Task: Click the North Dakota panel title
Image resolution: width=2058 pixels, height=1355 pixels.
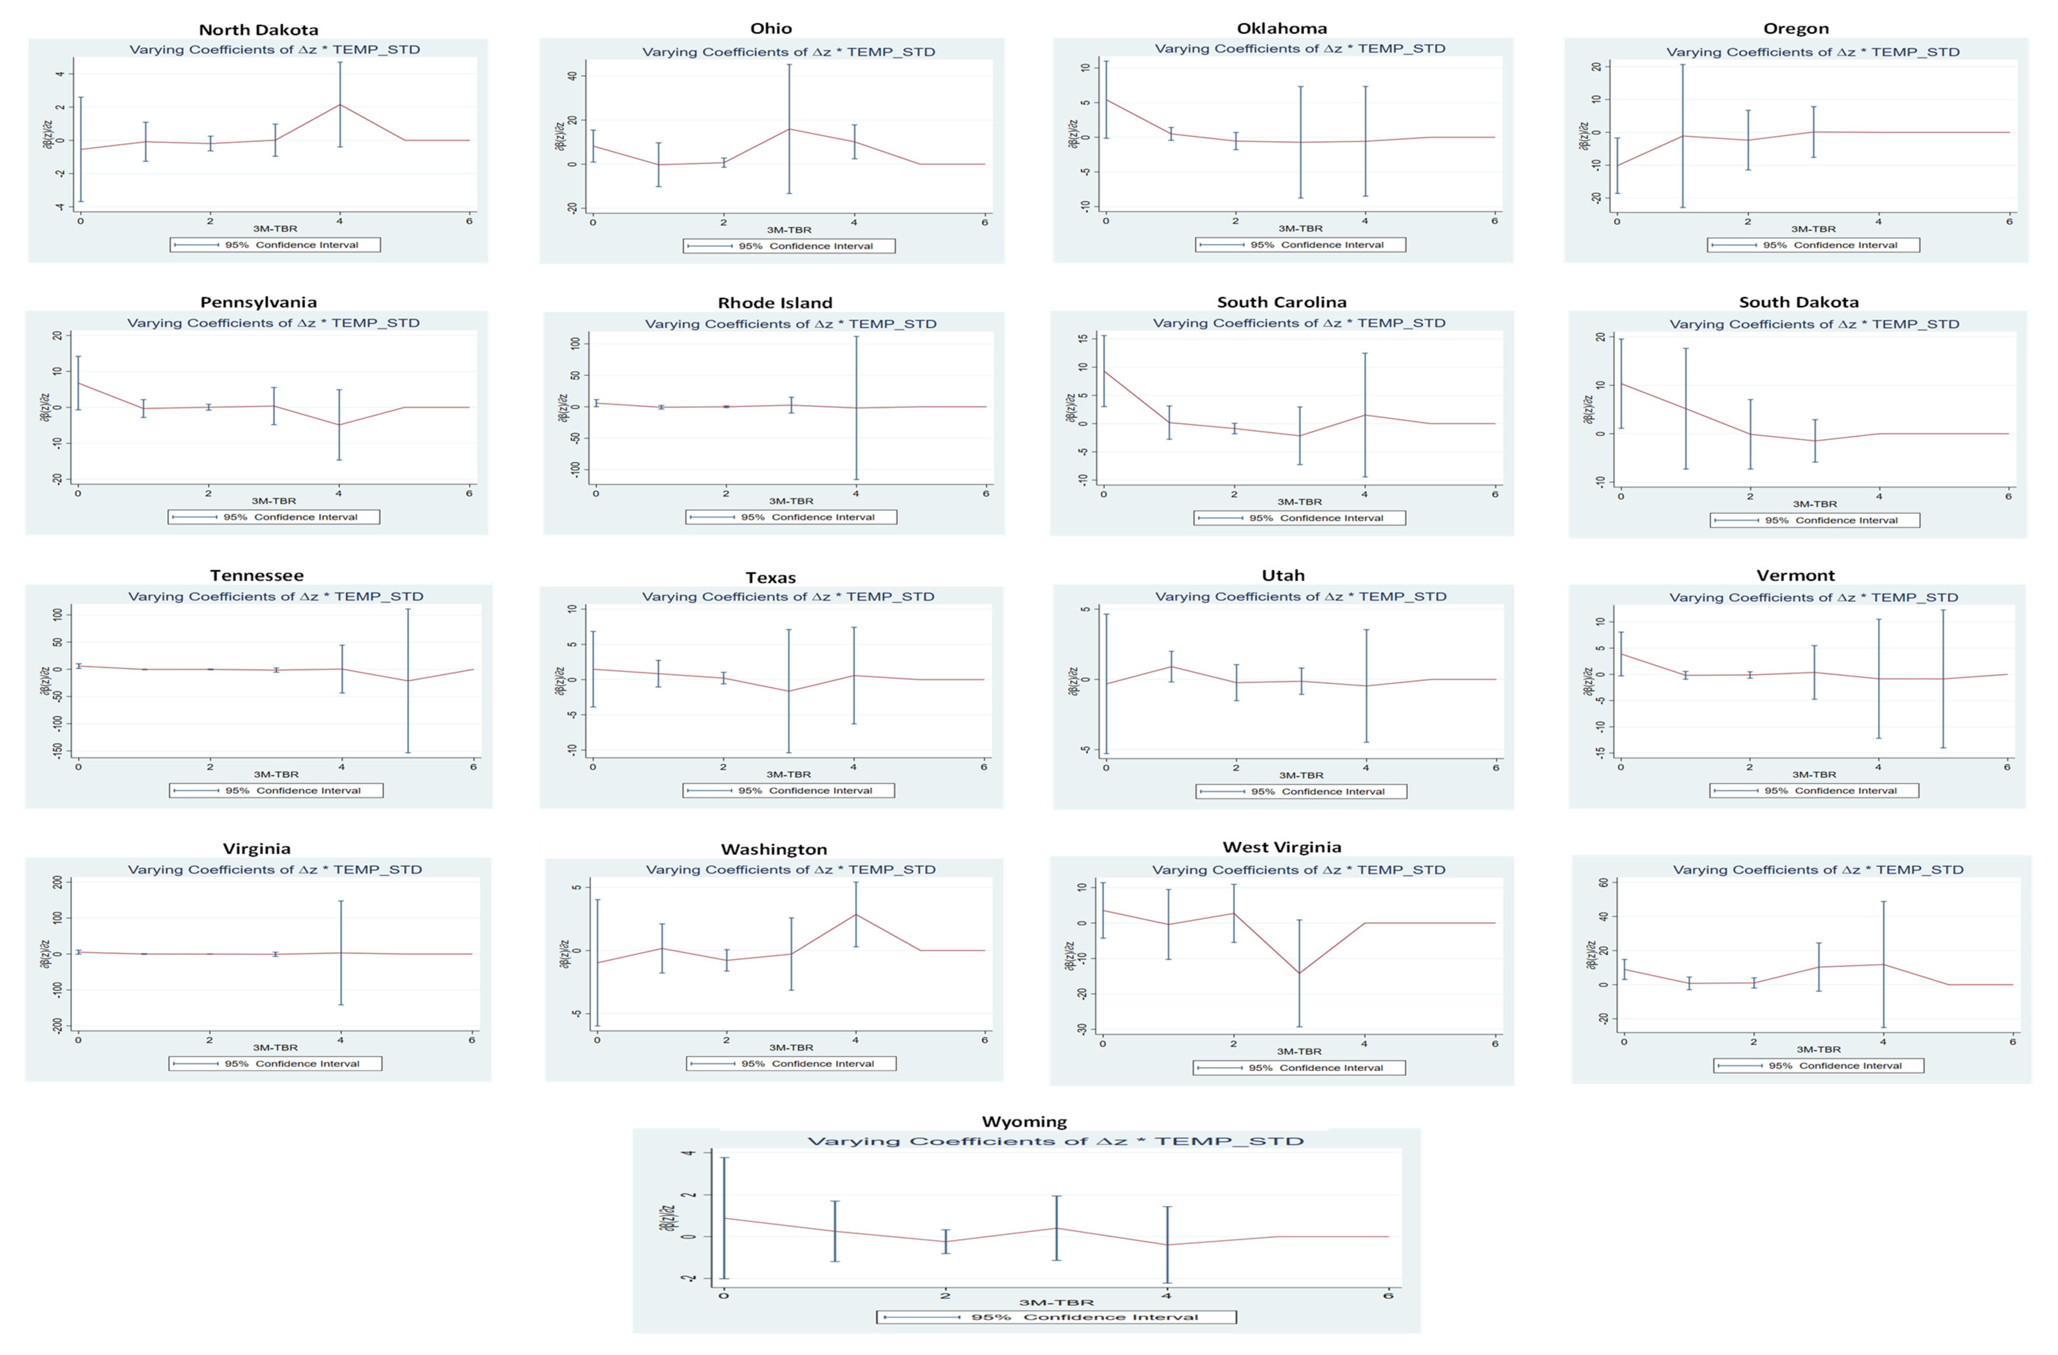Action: [258, 29]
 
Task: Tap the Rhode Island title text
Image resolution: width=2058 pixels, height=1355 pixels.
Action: [775, 303]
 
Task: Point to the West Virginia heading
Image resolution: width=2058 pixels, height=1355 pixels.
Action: [1281, 847]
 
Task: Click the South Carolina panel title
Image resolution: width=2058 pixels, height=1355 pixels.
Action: [1281, 302]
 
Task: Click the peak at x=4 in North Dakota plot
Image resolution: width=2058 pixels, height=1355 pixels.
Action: [340, 105]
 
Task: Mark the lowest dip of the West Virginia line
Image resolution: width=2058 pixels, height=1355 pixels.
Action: [1299, 973]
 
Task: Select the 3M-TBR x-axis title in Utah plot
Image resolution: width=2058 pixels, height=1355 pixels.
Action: [1301, 775]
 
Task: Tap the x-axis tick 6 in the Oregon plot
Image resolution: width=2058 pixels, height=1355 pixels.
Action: [2009, 222]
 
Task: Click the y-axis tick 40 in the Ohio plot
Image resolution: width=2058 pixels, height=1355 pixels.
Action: [572, 76]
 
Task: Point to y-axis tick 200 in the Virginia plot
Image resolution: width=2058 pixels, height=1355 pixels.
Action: [57, 882]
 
